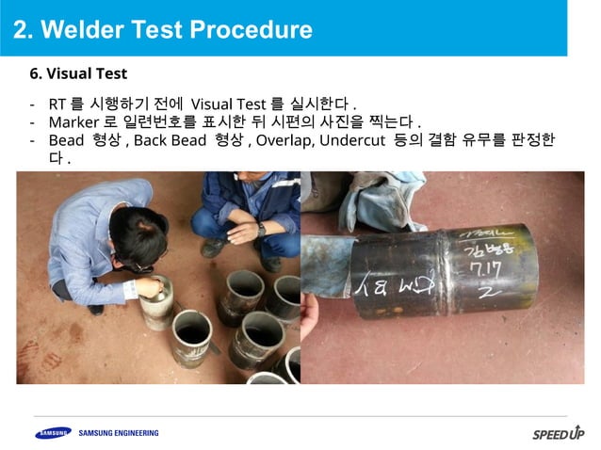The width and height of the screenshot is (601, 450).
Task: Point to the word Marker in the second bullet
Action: pos(74,121)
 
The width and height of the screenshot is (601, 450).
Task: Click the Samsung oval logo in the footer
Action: pos(53,433)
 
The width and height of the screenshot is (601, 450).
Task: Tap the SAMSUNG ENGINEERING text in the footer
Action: pos(119,433)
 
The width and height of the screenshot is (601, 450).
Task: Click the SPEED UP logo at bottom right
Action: pos(558,434)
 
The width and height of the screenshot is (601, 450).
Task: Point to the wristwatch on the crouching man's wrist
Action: pos(261,228)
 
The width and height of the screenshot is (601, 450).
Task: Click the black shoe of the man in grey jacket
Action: pos(95,309)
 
